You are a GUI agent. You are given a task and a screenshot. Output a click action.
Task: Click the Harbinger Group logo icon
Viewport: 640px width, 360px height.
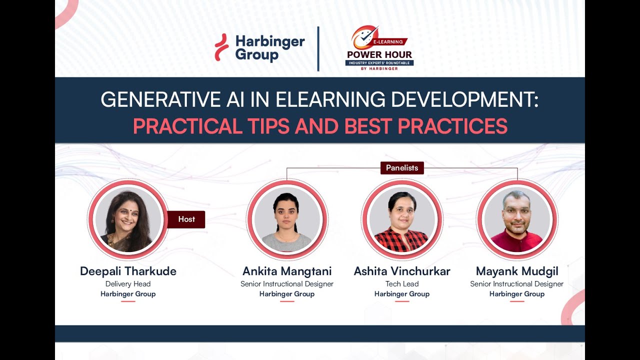221,47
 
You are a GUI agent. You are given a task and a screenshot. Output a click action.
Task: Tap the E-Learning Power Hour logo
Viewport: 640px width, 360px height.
379,48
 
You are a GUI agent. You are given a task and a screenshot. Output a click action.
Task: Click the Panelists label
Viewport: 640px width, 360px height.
402,168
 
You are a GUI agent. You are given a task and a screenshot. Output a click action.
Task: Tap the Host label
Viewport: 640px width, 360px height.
186,219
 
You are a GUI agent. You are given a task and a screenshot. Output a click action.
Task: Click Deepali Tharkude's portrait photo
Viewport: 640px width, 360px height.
128,220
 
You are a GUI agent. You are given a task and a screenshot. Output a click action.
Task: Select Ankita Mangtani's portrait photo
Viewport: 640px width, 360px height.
287,220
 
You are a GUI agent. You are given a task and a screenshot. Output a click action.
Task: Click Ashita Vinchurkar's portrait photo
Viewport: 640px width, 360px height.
402,220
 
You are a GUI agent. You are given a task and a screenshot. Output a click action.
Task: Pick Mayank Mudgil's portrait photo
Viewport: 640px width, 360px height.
517,220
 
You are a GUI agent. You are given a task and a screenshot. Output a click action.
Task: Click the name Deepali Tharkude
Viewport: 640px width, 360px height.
128,271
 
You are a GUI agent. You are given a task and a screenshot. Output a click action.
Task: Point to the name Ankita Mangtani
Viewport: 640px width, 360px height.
287,271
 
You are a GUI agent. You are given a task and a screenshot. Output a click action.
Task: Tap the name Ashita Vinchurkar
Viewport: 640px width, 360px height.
402,271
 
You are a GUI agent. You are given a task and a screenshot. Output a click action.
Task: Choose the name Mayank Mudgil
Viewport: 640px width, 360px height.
517,271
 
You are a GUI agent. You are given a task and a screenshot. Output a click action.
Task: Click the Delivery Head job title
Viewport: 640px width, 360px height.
128,284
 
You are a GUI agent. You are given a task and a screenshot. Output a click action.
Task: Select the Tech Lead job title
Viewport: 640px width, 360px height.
402,284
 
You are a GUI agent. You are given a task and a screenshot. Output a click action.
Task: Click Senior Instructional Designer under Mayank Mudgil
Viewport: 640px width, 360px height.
517,284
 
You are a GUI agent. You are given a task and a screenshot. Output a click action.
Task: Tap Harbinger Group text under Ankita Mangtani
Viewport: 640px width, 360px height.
287,294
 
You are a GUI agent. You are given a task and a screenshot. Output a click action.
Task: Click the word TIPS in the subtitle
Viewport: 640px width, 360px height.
267,126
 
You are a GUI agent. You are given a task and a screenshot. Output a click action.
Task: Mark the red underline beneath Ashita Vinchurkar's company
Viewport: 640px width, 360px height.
402,301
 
